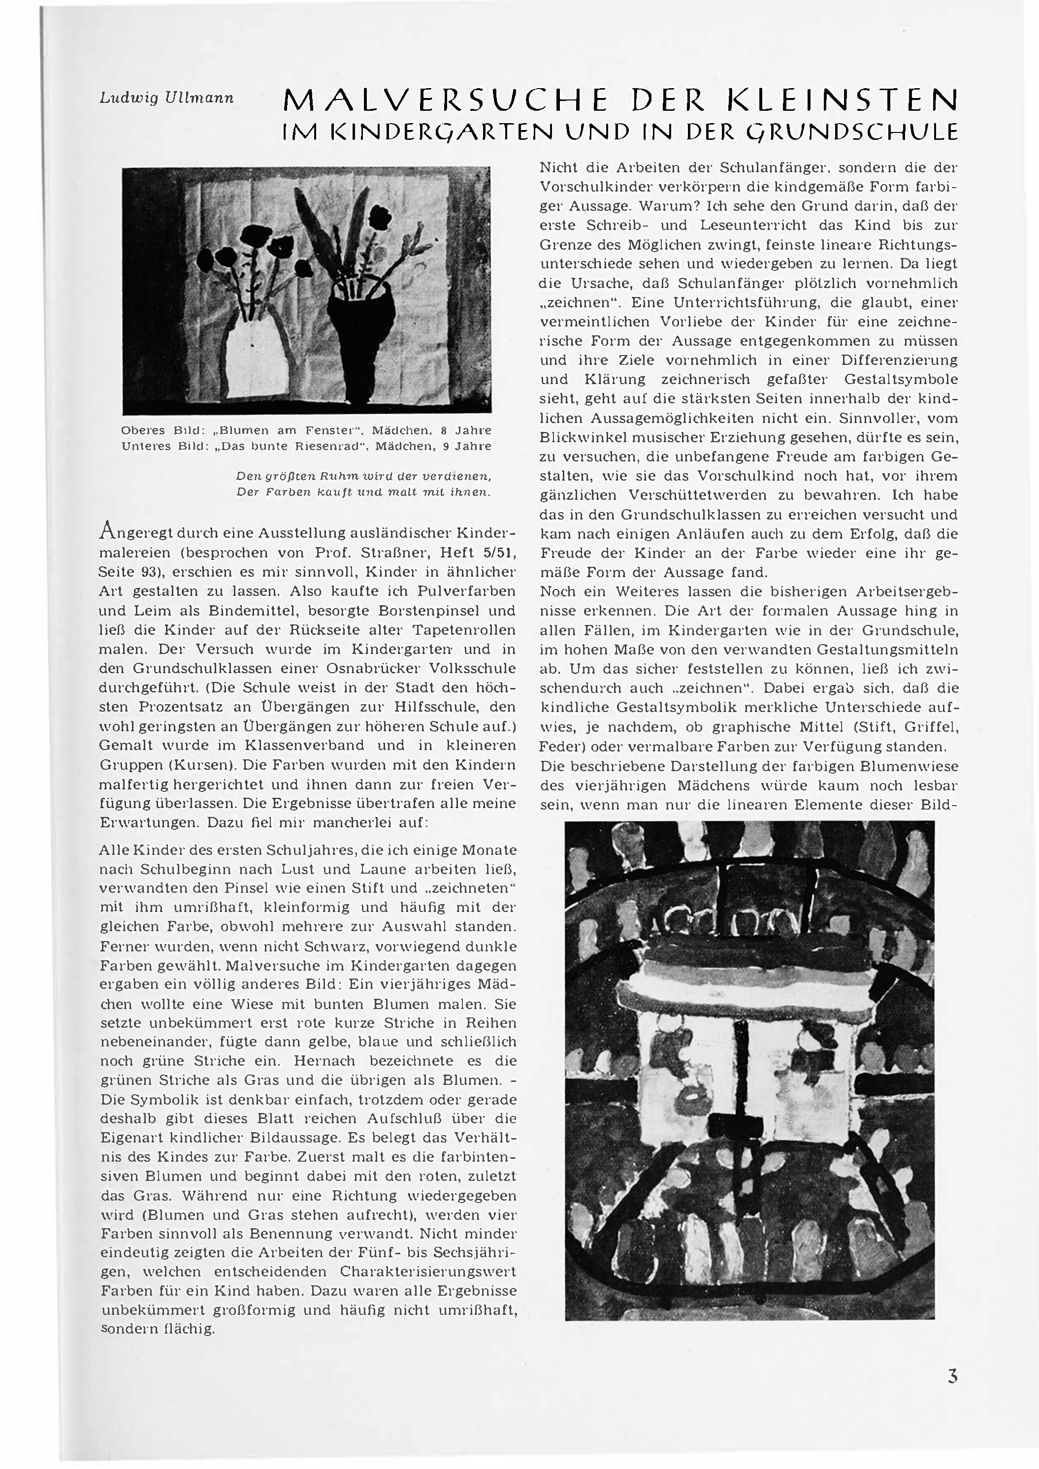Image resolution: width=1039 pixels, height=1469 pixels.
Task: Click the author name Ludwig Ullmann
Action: [167, 98]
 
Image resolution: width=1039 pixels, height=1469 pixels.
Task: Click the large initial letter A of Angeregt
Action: [107, 531]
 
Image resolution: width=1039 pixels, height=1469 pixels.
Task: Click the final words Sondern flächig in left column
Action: [158, 1329]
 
